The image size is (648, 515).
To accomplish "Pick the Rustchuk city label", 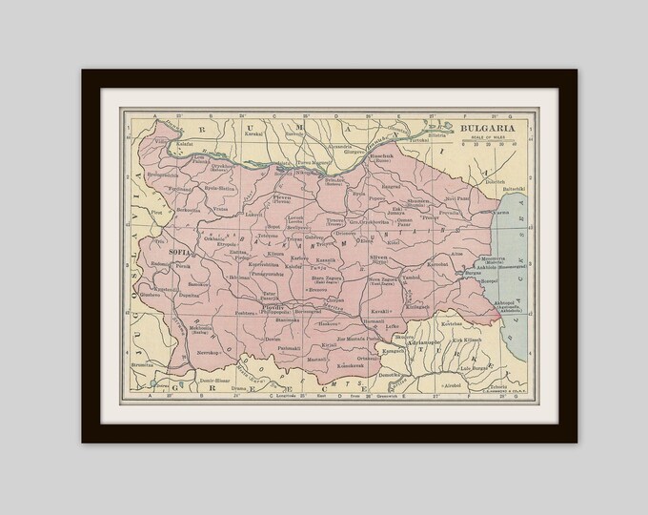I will [382, 154].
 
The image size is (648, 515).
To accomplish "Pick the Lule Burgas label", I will [473, 367].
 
